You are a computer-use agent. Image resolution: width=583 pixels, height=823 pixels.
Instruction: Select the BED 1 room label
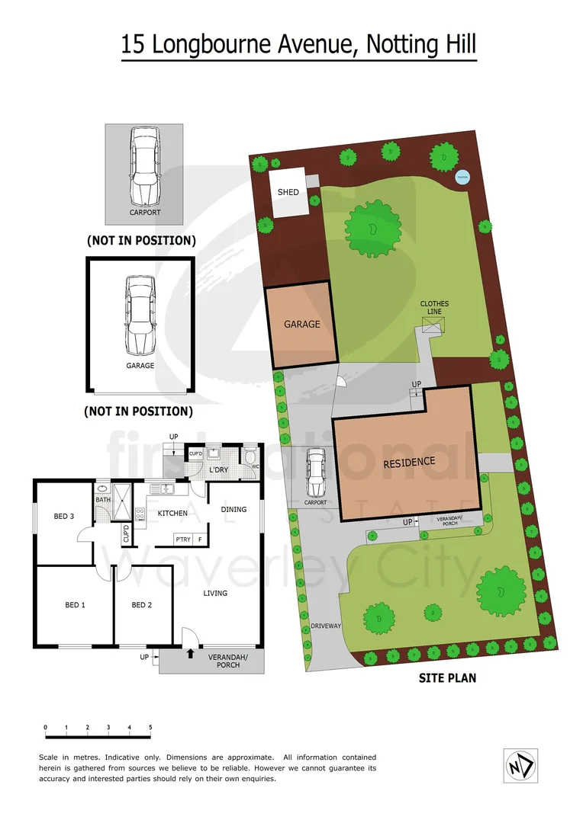75,605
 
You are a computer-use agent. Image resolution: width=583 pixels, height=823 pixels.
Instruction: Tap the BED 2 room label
142,605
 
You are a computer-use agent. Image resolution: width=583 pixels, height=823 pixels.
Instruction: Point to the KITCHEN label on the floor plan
172,513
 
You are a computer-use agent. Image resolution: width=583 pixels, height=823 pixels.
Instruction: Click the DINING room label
234,509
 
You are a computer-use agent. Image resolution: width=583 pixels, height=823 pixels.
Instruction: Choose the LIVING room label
215,593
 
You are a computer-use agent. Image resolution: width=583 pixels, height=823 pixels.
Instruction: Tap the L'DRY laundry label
219,469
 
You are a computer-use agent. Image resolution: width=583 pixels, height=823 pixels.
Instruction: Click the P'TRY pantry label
182,539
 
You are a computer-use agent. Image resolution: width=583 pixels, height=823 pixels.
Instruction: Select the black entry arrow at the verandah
189,652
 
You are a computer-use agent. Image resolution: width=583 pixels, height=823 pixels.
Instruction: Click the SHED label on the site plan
288,193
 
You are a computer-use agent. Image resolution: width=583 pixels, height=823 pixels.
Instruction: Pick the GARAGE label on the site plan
301,324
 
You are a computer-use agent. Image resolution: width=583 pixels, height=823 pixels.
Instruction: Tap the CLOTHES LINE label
434,308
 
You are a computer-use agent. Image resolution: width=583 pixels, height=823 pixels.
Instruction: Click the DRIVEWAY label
326,626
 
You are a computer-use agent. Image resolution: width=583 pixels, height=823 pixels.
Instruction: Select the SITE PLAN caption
448,677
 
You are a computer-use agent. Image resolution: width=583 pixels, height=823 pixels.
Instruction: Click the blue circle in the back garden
462,178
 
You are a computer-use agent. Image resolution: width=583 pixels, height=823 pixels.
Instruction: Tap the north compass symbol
521,763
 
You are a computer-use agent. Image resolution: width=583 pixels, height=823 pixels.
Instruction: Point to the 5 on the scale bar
150,728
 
